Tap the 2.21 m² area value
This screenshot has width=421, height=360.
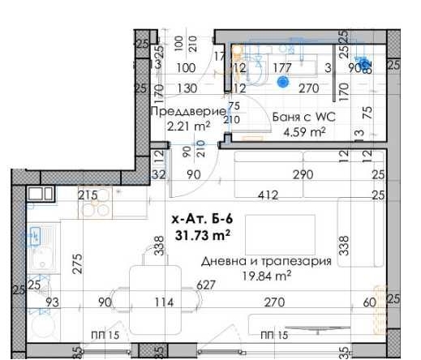tap(187, 126)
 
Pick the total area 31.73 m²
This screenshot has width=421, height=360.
tap(202, 235)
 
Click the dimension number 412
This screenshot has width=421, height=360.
tap(268, 195)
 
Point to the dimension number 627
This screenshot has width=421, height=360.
tap(206, 285)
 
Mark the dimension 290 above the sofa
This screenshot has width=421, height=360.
tap(303, 174)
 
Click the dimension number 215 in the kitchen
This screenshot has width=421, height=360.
tap(88, 195)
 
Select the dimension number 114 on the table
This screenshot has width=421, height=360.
tap(165, 302)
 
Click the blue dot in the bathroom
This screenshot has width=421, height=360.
tap(283, 82)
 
